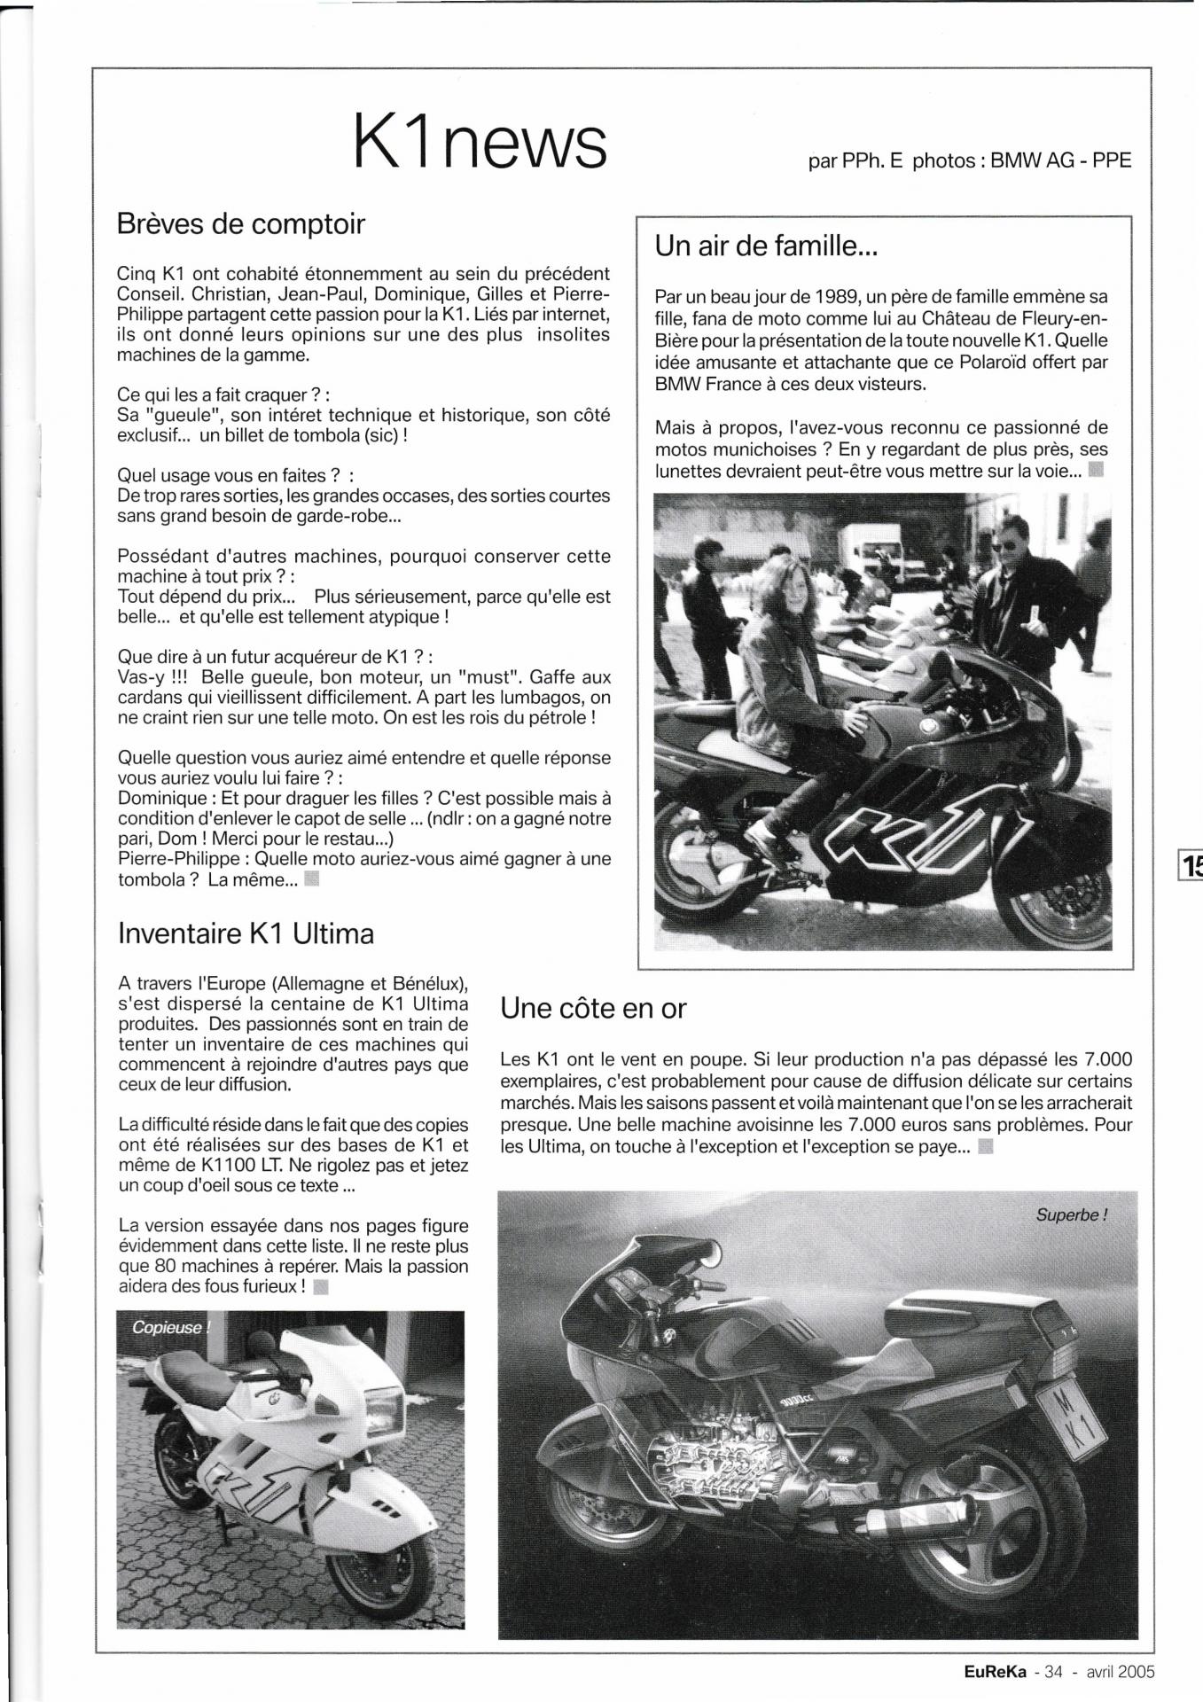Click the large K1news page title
(x=480, y=141)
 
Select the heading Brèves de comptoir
(x=240, y=224)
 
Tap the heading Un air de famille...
(x=766, y=246)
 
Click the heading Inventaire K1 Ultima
(x=246, y=933)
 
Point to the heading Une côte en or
(x=593, y=1008)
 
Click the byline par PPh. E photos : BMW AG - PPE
(x=970, y=161)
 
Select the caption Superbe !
(x=1071, y=1214)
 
